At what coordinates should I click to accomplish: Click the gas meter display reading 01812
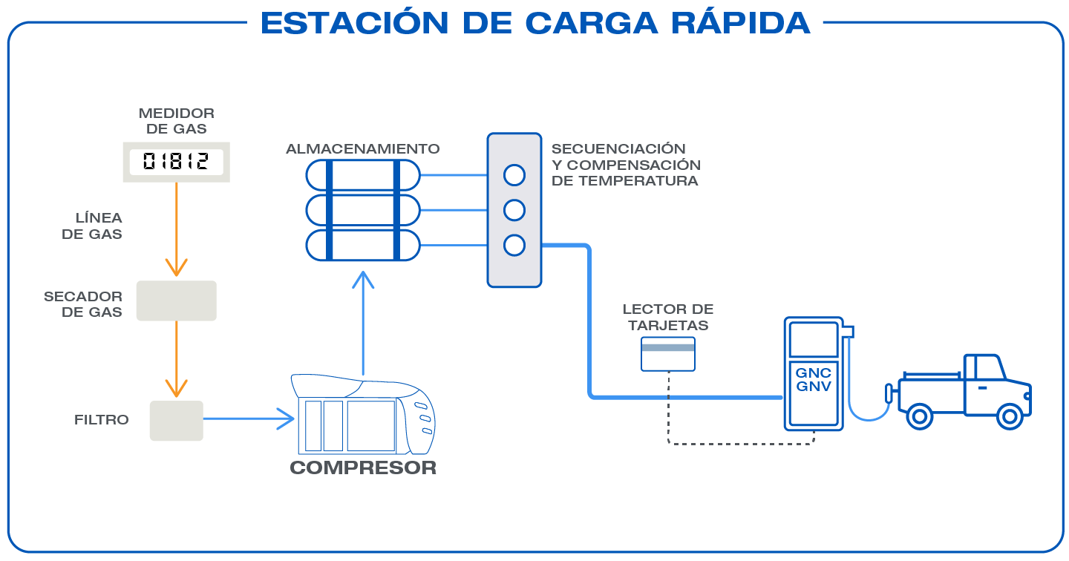pyautogui.click(x=176, y=162)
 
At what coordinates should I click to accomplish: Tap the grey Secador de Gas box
pyautogui.click(x=176, y=301)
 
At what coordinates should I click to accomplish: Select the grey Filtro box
pyautogui.click(x=176, y=421)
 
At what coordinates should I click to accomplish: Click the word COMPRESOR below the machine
pyautogui.click(x=363, y=468)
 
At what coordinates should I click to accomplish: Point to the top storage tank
pyautogui.click(x=363, y=175)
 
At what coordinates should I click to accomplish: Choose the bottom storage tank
pyautogui.click(x=363, y=245)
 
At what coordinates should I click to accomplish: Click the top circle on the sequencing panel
pyautogui.click(x=514, y=175)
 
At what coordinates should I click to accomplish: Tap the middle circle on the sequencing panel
pyautogui.click(x=514, y=210)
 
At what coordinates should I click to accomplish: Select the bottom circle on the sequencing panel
pyautogui.click(x=514, y=245)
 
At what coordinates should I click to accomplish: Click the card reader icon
pyautogui.click(x=668, y=353)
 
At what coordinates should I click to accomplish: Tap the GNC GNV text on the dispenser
pyautogui.click(x=813, y=379)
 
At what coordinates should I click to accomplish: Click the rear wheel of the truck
pyautogui.click(x=920, y=416)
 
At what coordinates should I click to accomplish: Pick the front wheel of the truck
pyautogui.click(x=1010, y=416)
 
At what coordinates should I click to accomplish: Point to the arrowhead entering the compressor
pyautogui.click(x=287, y=419)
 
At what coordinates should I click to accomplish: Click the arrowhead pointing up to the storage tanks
pyautogui.click(x=363, y=279)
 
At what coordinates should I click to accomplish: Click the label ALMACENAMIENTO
pyautogui.click(x=363, y=149)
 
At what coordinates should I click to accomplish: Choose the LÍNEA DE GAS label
pyautogui.click(x=99, y=226)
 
